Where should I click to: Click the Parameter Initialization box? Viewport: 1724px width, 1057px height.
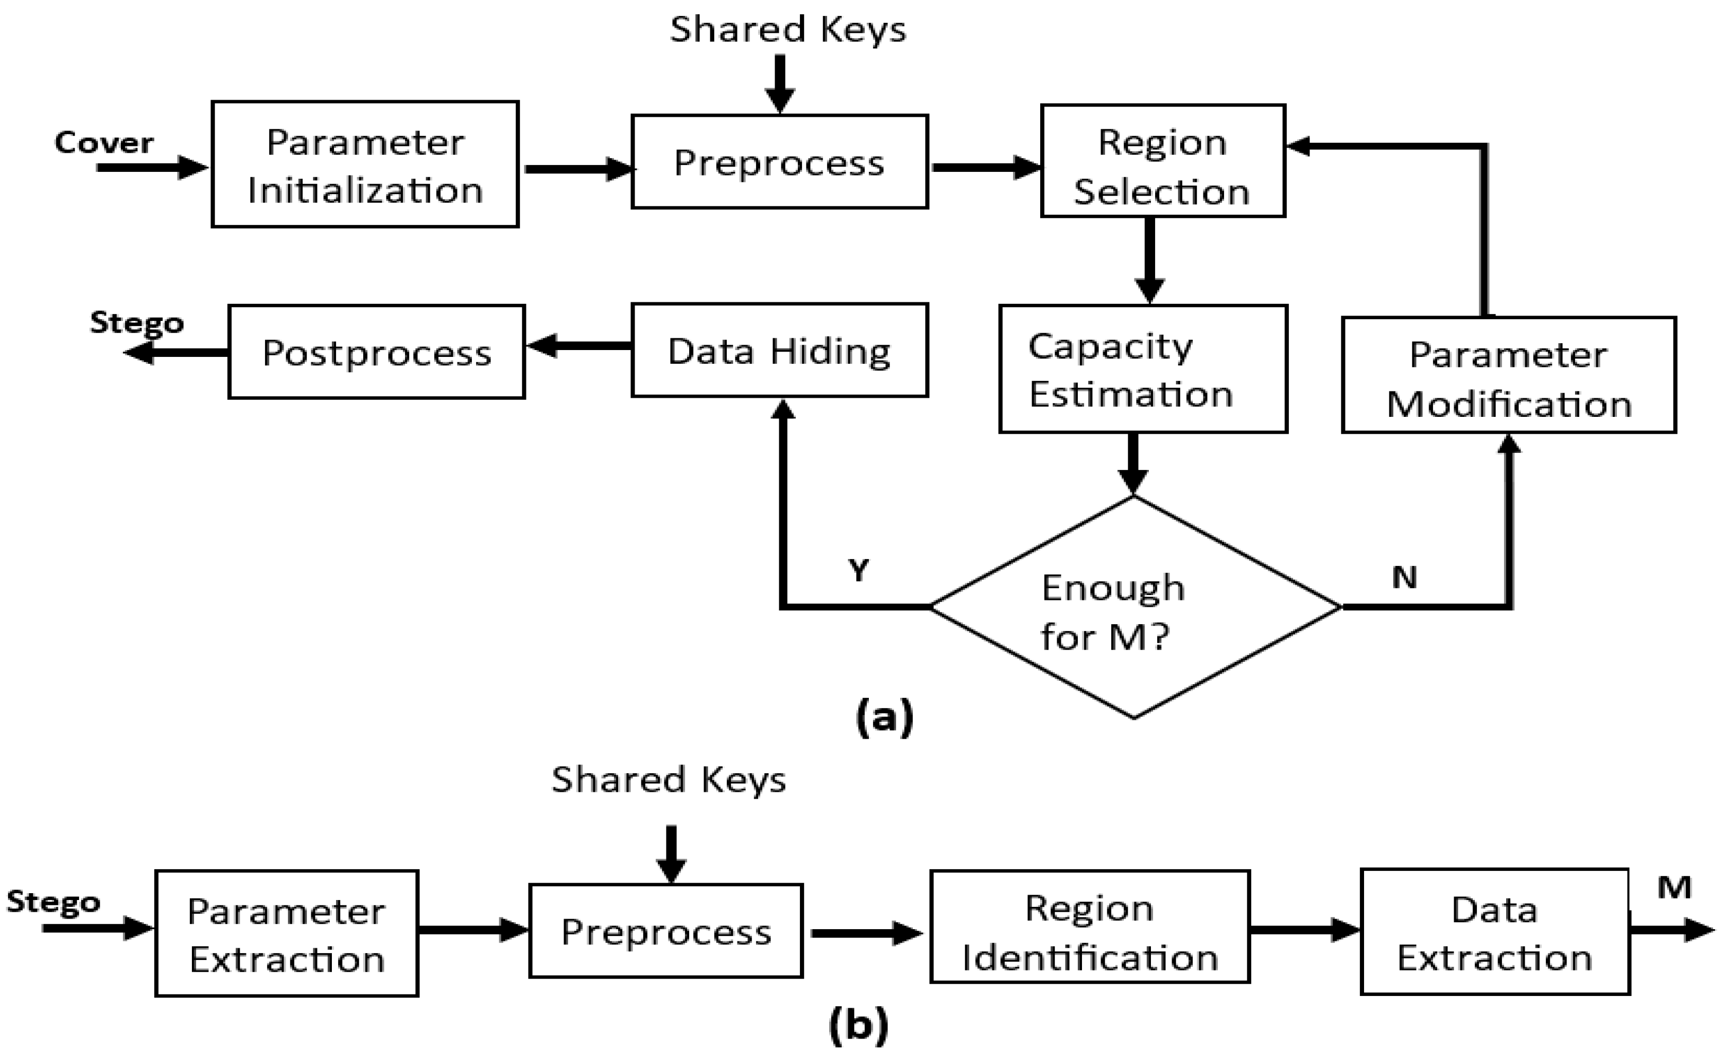point(365,164)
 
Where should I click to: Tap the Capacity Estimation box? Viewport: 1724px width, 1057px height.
point(1142,369)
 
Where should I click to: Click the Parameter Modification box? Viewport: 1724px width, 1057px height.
point(1509,375)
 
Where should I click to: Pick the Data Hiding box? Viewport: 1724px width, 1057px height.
point(779,350)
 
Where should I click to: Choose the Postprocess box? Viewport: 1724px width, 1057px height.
point(376,352)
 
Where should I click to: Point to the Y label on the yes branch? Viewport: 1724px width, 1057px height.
point(858,571)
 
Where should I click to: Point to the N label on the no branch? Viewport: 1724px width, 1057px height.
point(1404,578)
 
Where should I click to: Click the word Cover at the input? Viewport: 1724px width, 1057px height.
point(103,143)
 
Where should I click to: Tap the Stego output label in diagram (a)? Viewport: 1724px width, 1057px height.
point(136,322)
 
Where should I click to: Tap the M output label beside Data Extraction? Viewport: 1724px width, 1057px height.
point(1674,888)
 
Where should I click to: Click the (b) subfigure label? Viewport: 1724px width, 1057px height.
point(858,1025)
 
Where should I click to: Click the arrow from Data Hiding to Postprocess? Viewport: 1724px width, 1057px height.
point(578,346)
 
